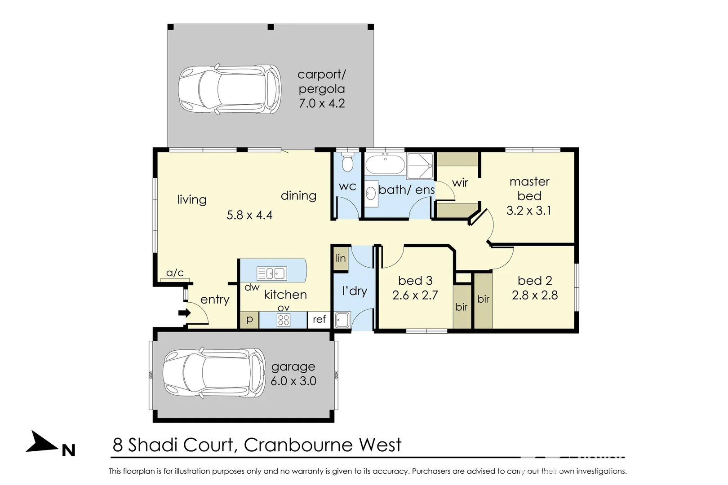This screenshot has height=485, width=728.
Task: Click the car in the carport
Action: click(x=230, y=89)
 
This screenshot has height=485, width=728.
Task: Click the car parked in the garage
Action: click(x=214, y=373)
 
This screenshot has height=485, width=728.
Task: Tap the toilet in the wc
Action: click(x=347, y=163)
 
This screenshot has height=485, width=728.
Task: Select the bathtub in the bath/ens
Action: click(x=385, y=164)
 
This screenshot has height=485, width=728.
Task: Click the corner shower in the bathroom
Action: click(x=420, y=166)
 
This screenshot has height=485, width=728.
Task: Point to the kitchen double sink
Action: click(x=272, y=273)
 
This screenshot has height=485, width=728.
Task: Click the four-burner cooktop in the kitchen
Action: click(x=284, y=320)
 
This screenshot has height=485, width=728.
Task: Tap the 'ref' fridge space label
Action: click(x=319, y=319)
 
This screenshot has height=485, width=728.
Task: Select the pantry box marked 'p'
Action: click(x=249, y=320)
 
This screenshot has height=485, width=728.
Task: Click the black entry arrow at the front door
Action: click(x=184, y=313)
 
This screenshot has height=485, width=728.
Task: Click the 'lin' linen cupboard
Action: click(x=341, y=259)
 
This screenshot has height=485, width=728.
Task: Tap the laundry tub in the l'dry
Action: click(x=342, y=320)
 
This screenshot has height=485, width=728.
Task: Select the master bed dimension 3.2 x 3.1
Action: click(x=529, y=211)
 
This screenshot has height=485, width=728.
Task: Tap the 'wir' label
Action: click(x=460, y=183)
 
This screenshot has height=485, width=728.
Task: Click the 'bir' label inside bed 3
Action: click(x=462, y=307)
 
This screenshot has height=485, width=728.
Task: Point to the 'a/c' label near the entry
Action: click(x=175, y=273)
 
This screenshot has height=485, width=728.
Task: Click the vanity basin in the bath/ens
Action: click(x=371, y=194)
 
